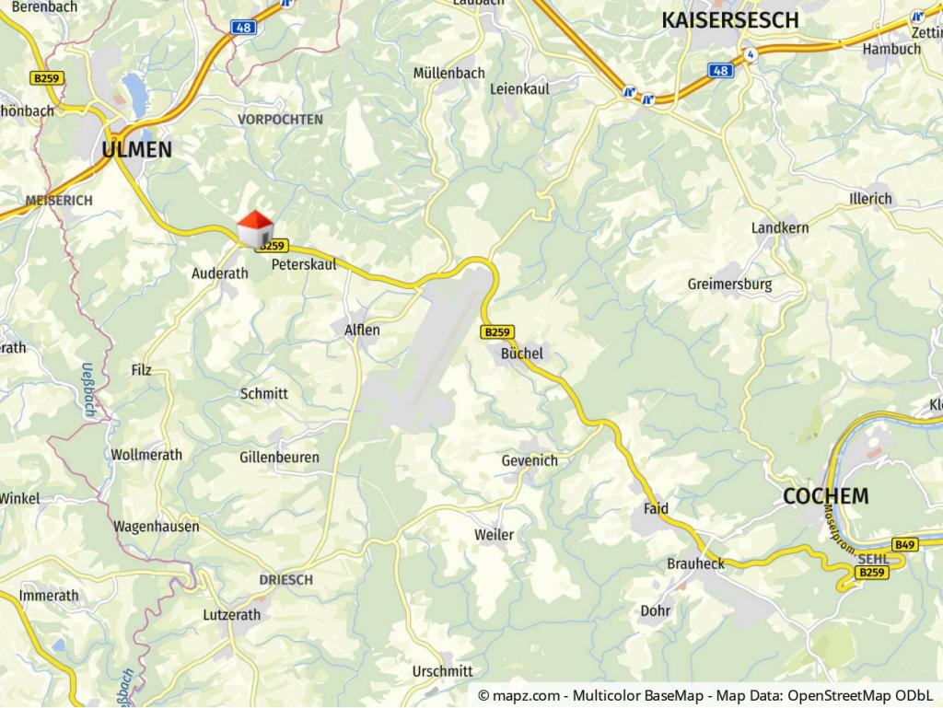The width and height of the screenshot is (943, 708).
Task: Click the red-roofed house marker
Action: (255, 228)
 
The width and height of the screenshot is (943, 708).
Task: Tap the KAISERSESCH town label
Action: (730, 20)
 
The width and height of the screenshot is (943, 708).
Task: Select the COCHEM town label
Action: (825, 496)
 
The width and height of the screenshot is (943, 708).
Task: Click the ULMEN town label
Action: (137, 149)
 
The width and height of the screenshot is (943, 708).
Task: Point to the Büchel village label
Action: (522, 354)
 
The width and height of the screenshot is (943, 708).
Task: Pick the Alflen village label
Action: (362, 330)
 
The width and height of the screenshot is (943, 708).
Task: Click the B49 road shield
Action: (904, 545)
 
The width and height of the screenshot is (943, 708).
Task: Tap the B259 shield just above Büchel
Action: (496, 331)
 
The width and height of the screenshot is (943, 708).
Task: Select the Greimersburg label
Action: (729, 284)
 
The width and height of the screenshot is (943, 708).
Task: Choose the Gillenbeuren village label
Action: (279, 458)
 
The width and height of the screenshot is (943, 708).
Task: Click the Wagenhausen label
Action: (156, 527)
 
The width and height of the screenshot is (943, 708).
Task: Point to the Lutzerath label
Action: (231, 615)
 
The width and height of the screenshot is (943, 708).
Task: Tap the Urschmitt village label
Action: (443, 671)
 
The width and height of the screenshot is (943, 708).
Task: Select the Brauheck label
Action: (695, 563)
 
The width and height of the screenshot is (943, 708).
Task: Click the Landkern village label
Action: (780, 227)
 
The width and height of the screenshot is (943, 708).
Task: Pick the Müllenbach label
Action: (448, 73)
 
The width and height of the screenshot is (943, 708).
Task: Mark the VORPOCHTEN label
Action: (280, 120)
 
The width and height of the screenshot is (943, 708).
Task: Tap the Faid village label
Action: (656, 508)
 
